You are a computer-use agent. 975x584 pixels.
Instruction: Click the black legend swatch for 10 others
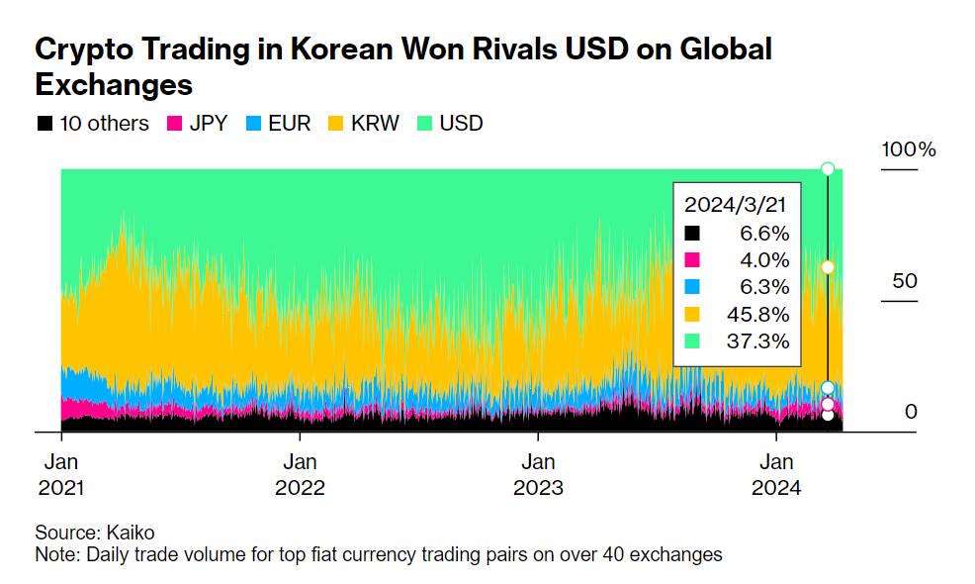pos(44,124)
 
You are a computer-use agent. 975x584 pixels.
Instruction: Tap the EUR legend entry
pos(289,124)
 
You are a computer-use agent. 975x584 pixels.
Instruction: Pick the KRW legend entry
pos(375,124)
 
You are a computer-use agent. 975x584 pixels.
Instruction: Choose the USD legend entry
pos(461,124)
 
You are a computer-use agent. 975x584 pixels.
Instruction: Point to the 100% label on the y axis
pos(909,150)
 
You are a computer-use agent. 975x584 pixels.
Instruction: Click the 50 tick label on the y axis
pos(905,281)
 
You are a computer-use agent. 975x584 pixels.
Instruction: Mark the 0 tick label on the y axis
pos(911,411)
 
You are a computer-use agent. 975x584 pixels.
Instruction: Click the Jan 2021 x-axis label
pos(61,474)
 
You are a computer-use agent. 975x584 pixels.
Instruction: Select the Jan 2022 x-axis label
pos(300,474)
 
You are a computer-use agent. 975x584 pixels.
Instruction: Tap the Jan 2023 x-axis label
pos(538,474)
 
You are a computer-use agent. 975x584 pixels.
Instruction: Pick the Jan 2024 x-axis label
pos(776,474)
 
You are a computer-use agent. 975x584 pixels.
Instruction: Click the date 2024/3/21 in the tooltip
pos(737,206)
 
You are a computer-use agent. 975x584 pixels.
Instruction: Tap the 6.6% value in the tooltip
pos(765,234)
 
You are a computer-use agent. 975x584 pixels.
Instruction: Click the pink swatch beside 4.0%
pos(692,260)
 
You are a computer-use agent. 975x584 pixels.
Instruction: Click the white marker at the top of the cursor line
pos(828,168)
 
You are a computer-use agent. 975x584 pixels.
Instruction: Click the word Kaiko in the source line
pos(131,533)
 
